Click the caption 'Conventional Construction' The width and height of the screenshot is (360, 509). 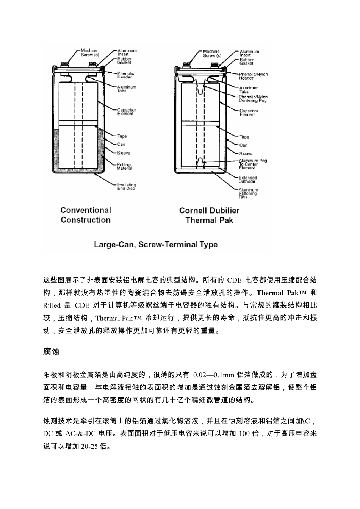pos(86,215)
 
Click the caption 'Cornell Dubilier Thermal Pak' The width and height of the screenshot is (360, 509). pos(209,215)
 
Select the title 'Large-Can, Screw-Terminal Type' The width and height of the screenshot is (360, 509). pos(156,245)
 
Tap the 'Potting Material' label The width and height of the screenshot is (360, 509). pos(124,166)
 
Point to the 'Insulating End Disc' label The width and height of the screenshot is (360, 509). pos(126,187)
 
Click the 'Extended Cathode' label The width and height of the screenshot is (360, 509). pos(248,180)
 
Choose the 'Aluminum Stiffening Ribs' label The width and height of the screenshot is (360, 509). pos(248,194)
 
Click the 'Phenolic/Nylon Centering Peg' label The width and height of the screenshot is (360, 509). pos(253,99)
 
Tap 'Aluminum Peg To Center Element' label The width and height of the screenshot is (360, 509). pos(253,164)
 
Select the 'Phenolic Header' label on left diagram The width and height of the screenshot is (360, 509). pos(125,75)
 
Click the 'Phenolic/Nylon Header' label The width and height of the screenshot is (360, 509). pos(253,76)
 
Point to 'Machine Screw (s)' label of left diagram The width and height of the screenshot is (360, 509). pos(89,53)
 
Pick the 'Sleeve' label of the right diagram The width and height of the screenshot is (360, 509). pos(246,154)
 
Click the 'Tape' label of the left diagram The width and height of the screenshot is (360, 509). pos(122,136)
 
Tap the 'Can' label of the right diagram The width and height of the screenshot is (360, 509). pos(243,145)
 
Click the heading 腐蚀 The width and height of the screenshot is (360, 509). pos(51,352)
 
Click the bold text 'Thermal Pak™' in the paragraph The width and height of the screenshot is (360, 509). pos(281,293)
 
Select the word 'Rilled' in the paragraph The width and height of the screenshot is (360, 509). pos(52,305)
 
